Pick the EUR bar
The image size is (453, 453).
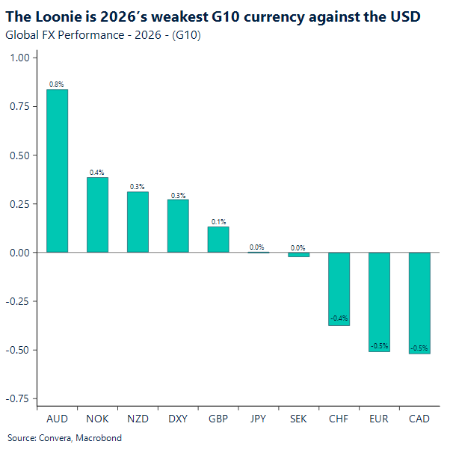pos(379,302)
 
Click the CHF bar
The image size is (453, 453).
pos(339,289)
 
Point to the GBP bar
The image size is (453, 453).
pos(218,239)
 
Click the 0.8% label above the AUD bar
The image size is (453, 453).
pos(57,84)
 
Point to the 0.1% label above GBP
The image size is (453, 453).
pos(218,222)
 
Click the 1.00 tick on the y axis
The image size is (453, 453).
pos(19,58)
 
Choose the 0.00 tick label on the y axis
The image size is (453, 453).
pos(19,253)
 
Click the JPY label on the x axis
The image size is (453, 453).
pos(258,419)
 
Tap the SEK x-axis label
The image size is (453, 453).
pos(299,419)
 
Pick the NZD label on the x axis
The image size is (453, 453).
pos(138,419)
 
